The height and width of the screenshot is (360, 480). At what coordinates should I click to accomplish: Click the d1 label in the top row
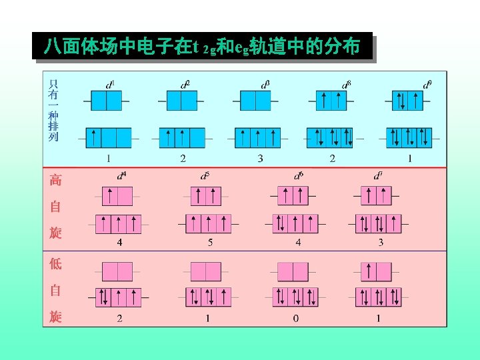pos(110,85)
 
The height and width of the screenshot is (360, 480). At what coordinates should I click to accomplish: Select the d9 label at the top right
pos(427,85)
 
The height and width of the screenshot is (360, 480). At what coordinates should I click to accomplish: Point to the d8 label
pos(347,85)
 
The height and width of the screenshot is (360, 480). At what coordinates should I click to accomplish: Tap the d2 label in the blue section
pos(185,85)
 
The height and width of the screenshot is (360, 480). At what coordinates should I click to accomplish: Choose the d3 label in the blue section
pos(265,85)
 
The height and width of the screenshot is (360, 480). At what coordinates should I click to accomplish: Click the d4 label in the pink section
pos(121,176)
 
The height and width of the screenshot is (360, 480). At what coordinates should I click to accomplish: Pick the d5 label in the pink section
pos(205,176)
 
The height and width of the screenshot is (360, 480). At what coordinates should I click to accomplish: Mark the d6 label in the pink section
pos(299,176)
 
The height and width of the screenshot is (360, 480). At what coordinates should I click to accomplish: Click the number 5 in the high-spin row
pos(210,242)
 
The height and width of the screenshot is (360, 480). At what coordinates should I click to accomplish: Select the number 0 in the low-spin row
pos(296,318)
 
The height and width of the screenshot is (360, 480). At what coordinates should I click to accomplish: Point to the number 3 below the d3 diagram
pos(260,159)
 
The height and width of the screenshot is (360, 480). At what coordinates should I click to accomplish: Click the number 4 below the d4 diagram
pos(120,242)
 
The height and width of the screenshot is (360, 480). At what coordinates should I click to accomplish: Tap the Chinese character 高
pos(55,180)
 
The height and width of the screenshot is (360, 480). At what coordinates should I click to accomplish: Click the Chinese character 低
pos(55,263)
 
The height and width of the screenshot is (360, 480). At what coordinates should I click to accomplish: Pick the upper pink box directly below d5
pos(205,196)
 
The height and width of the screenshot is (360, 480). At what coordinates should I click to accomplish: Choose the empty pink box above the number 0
pos(291,271)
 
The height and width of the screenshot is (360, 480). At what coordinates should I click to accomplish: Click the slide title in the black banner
pos(202,47)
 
